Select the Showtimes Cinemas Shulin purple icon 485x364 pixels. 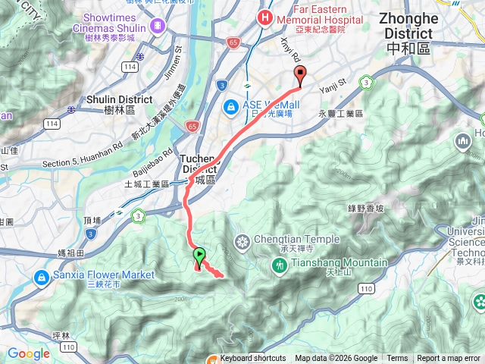coord(158,26)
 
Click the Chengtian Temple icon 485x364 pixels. coord(242,243)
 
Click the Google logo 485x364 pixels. coord(28,353)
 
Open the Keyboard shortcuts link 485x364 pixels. coord(253,359)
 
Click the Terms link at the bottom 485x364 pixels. coord(397,359)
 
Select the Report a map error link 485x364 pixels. coord(449,359)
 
